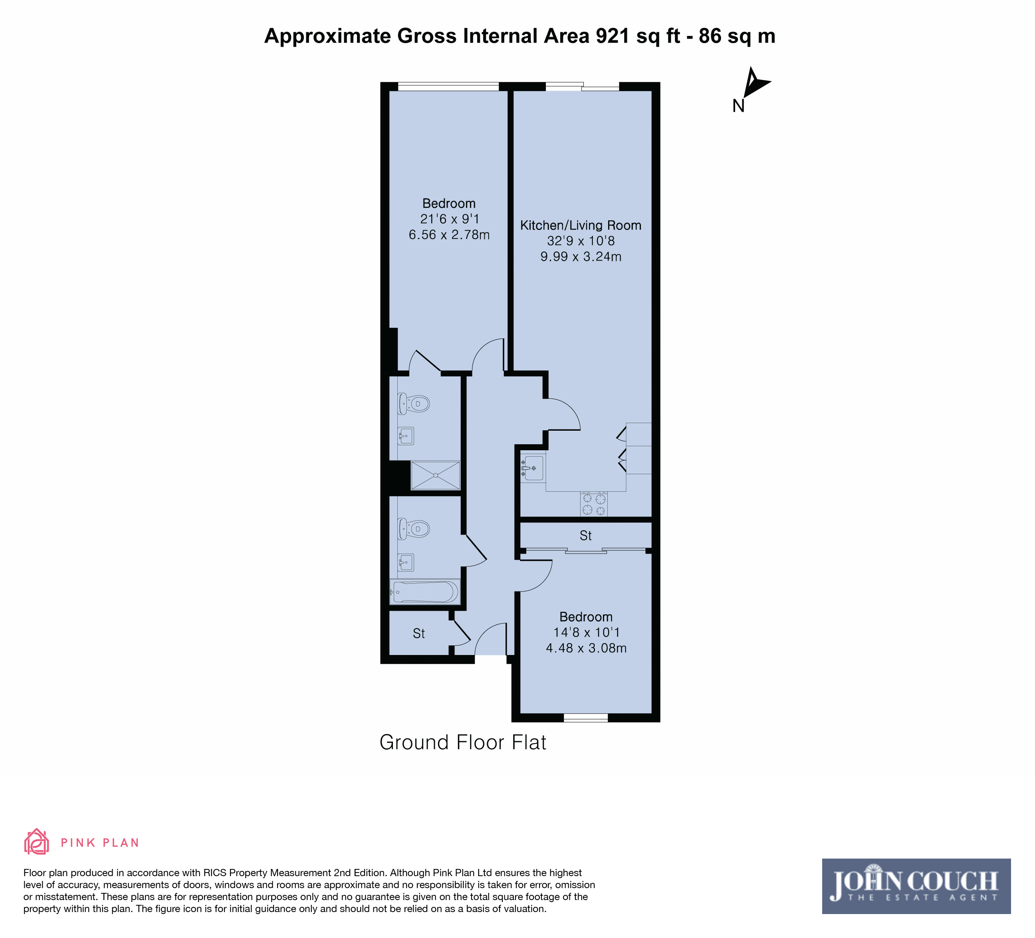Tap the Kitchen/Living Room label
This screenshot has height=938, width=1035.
(x=581, y=225)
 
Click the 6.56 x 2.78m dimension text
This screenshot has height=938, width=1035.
(x=449, y=235)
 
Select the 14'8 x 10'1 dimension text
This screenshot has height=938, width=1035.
(x=586, y=632)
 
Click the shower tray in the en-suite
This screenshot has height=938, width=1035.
(x=435, y=475)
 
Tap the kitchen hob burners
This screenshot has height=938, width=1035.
(x=594, y=504)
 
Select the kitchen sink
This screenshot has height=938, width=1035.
(x=532, y=468)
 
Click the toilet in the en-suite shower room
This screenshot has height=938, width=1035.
(x=413, y=404)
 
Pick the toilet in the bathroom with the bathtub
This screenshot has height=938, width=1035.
(x=413, y=528)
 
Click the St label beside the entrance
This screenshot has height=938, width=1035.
(x=419, y=634)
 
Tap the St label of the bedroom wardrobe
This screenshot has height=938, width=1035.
(x=586, y=536)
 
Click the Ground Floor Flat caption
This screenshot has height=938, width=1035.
(x=462, y=742)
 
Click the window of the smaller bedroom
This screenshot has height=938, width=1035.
(x=586, y=718)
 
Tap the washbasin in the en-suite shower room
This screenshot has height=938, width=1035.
(x=406, y=436)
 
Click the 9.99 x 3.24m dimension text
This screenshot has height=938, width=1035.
(x=581, y=257)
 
